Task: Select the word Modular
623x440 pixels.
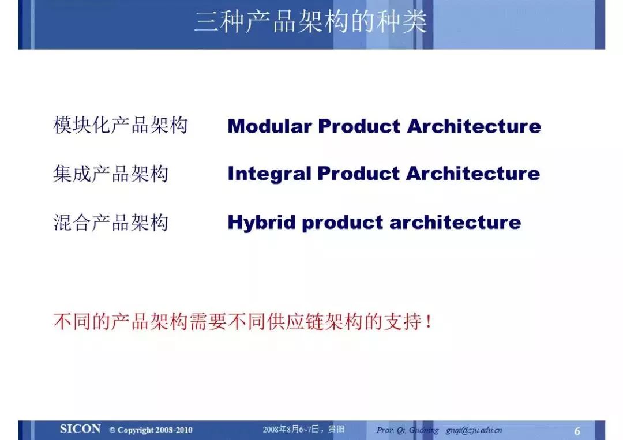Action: click(x=269, y=126)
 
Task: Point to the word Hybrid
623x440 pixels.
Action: click(x=261, y=223)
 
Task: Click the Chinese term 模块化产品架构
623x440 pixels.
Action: click(x=121, y=125)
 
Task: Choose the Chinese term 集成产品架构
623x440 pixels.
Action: click(x=111, y=174)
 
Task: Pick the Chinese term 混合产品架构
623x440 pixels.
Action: click(x=111, y=222)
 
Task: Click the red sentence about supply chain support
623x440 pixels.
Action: click(x=242, y=321)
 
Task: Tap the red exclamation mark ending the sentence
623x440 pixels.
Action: click(x=428, y=321)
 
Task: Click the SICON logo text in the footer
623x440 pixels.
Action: click(x=80, y=429)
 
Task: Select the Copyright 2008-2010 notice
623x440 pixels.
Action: click(x=151, y=430)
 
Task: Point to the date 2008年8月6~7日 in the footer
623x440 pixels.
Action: click(x=291, y=429)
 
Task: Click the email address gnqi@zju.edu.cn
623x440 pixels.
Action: click(x=474, y=430)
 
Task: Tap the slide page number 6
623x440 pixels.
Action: click(x=577, y=431)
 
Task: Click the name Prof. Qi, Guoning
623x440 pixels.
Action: click(x=408, y=430)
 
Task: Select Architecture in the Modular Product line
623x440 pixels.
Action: click(x=474, y=126)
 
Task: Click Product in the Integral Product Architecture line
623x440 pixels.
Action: click(x=359, y=174)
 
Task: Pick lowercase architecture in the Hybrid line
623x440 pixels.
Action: click(x=455, y=223)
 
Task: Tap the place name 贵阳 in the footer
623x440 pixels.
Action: click(x=336, y=429)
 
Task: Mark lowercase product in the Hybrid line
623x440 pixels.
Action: click(x=343, y=223)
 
